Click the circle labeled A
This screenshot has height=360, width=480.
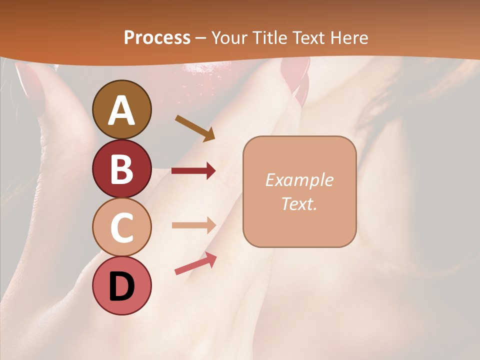pos(122,109)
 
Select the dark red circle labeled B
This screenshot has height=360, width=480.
pos(122,168)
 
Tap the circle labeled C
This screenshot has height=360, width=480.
pos(122,227)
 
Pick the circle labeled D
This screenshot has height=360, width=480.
pos(122,285)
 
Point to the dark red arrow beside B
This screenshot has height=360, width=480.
pos(193,171)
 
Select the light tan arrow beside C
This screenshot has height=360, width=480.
pos(193,225)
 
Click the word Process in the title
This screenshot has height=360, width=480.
pos(157,37)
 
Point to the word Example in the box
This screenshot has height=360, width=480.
pos(299,180)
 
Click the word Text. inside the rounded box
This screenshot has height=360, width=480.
pos(299,204)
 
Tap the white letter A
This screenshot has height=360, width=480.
pos(122,110)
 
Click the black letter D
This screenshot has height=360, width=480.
pos(122,286)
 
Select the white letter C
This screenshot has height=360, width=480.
pos(122,228)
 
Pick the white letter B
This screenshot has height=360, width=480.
pos(122,169)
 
